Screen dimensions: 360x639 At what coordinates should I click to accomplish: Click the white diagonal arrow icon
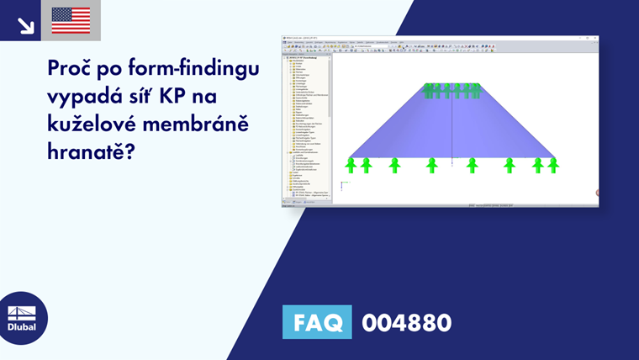click(x=25, y=25)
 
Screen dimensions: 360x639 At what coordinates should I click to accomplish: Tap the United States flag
click(x=71, y=20)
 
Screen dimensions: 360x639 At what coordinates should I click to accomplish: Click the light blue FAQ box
click(x=317, y=322)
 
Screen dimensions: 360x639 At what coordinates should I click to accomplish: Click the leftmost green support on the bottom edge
click(x=352, y=164)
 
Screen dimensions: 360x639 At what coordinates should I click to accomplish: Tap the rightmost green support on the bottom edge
click(x=552, y=164)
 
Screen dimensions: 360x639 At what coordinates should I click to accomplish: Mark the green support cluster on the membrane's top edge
click(x=452, y=90)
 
